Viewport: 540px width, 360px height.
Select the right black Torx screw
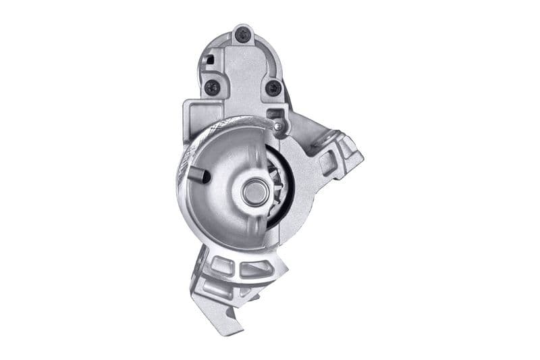tap(272, 88)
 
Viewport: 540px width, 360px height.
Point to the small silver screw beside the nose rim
tap(278, 126)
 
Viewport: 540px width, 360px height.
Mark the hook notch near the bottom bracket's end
tap(234, 311)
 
